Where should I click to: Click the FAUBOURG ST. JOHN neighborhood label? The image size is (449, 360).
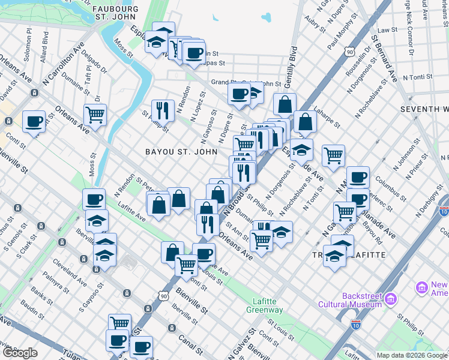pos(116,13)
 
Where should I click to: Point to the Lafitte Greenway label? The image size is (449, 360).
pos(264,305)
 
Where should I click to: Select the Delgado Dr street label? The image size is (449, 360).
pos(98,67)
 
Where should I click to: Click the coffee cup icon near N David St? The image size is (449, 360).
pos(34,122)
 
